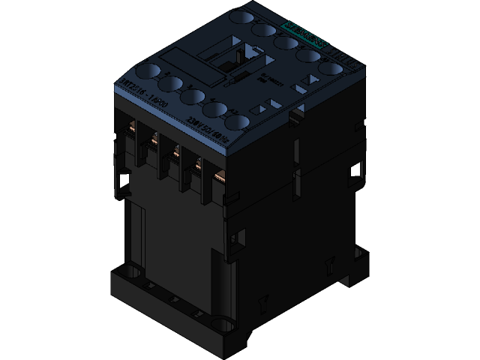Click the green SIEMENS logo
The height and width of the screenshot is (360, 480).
(304, 33)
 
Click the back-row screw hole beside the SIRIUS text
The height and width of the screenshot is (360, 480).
(329, 68)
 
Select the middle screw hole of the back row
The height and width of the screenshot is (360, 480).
(283, 42)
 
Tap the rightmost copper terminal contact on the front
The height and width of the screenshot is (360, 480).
(220, 177)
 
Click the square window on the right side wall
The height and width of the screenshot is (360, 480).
(352, 173)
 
